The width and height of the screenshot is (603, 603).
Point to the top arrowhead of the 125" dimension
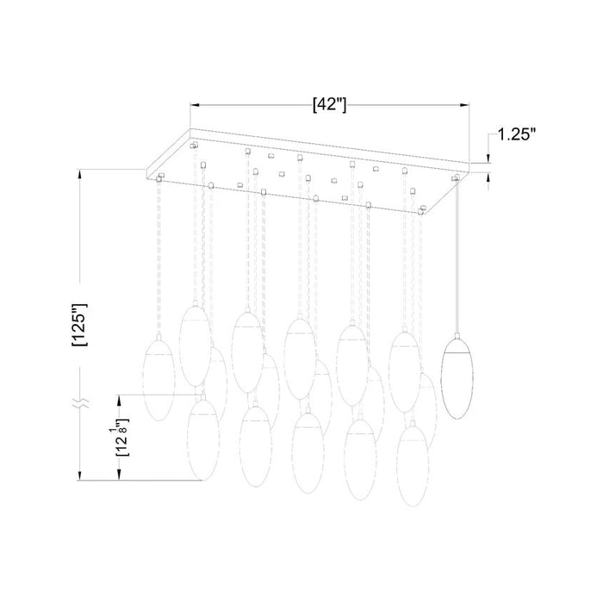[79, 173]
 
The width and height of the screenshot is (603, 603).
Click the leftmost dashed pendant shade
[158, 379]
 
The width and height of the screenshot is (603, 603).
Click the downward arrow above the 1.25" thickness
[488, 157]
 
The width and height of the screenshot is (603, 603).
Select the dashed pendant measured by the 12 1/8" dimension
[205, 437]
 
